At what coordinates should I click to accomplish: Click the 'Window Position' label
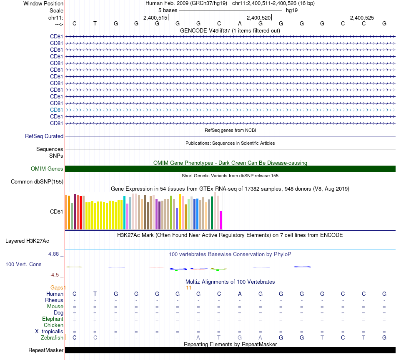[43, 3]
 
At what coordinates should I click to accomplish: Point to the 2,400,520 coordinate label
[259, 18]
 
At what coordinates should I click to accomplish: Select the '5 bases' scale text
[168, 10]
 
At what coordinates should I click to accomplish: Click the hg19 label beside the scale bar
[291, 10]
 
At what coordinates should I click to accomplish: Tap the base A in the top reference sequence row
[240, 23]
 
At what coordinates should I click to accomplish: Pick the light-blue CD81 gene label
[57, 110]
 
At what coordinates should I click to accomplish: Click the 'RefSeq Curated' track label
[44, 136]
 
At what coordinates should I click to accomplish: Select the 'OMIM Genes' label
[47, 169]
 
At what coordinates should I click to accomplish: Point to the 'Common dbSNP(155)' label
[37, 182]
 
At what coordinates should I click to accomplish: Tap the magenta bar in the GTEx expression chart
[221, 220]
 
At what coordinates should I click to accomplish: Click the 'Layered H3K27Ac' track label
[27, 241]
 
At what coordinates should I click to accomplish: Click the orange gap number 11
[188, 287]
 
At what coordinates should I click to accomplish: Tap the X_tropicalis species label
[49, 331]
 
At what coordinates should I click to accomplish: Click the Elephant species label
[53, 319]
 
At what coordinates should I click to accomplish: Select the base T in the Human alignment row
[95, 294]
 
